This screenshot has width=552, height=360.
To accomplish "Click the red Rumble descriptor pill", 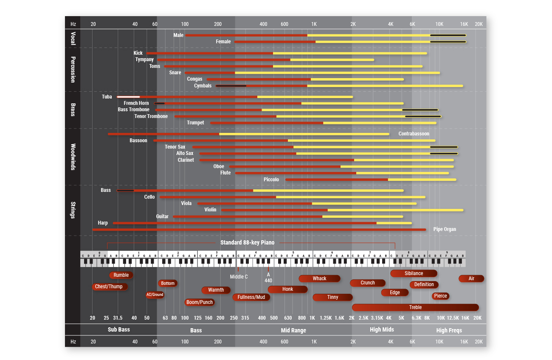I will [x=121, y=275].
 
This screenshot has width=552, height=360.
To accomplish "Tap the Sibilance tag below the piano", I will [x=414, y=273].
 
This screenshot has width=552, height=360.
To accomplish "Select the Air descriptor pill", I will [x=471, y=278].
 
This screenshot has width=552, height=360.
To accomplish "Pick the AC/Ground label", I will [x=155, y=295].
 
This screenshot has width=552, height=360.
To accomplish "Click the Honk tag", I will [x=287, y=289].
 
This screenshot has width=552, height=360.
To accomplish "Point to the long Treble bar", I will [x=415, y=307].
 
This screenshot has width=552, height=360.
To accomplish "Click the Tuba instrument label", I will [x=107, y=97].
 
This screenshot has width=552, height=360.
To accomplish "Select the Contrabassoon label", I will [x=414, y=134].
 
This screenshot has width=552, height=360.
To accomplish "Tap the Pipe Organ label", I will [x=445, y=229].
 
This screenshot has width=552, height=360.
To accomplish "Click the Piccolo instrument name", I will [x=271, y=180].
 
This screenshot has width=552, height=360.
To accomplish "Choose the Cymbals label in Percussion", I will [x=203, y=86].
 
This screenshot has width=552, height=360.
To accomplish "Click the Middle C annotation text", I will [x=239, y=277].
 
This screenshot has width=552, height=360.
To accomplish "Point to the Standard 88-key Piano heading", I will [x=247, y=243].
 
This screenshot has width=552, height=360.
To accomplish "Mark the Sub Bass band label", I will [x=118, y=329].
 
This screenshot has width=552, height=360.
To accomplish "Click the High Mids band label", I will [x=382, y=329].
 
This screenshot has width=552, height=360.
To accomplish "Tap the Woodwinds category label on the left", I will [x=73, y=157].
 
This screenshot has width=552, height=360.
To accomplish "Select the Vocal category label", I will [x=73, y=38].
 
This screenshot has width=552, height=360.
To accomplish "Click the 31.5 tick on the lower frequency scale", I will [x=118, y=318].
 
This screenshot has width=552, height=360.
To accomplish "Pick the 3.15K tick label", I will [x=377, y=318].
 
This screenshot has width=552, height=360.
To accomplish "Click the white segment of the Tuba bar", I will [x=128, y=97].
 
